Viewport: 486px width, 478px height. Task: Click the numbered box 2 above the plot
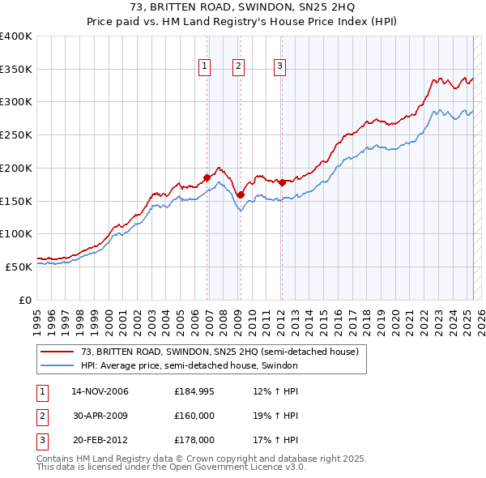point(239,67)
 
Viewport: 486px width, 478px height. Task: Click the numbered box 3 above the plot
point(279,67)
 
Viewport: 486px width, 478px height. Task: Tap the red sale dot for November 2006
point(207,177)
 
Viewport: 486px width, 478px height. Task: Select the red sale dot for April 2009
point(241,194)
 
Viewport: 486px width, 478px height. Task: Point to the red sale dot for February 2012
point(282,182)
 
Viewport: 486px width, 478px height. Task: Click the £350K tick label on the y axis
point(16,70)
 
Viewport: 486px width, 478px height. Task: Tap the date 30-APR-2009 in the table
point(100,416)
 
